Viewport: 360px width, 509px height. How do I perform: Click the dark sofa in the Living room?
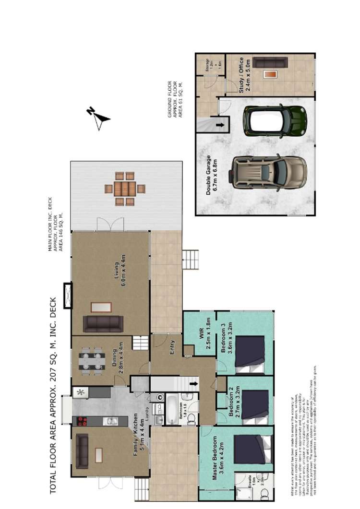102,324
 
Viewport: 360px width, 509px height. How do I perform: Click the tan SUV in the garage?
269,172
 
